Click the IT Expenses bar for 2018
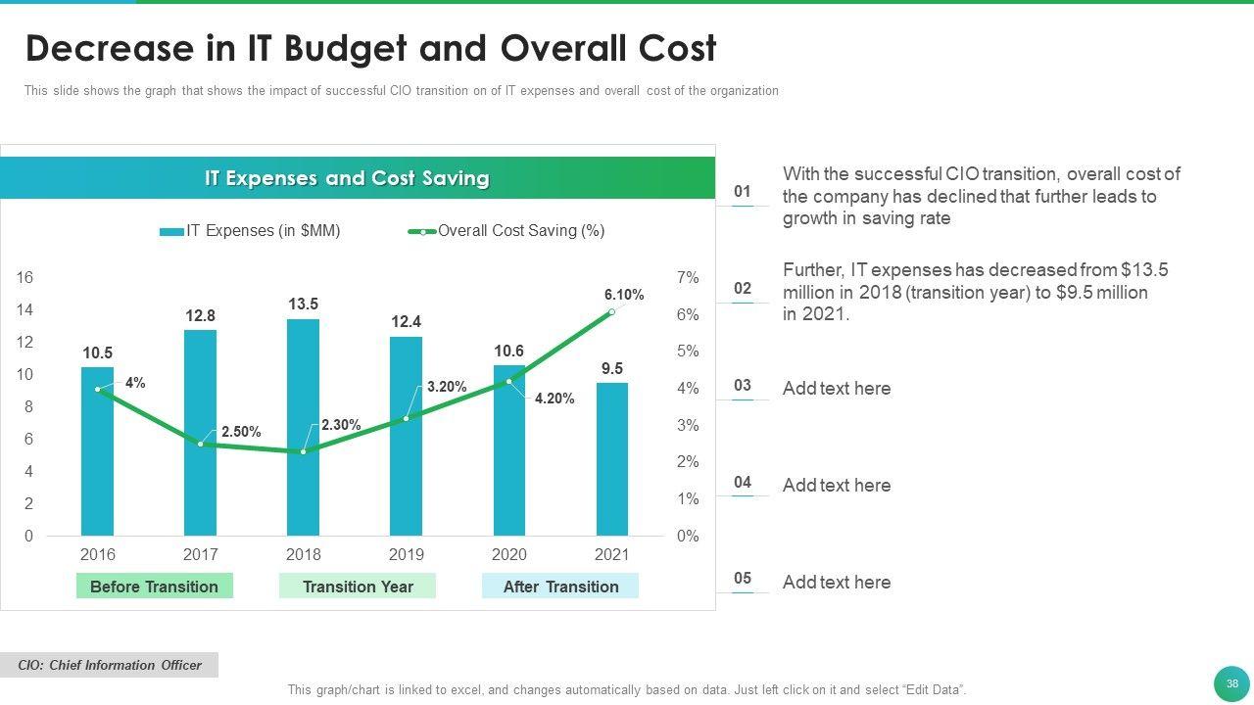[303, 431]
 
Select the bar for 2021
[612, 460]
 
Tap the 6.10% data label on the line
[624, 295]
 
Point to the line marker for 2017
[201, 445]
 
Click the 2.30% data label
[340, 425]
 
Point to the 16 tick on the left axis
[24, 278]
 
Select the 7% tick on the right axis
[688, 278]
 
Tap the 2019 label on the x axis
[407, 554]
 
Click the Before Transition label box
[154, 587]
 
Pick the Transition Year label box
[358, 587]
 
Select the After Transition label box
[560, 587]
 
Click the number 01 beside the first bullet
[743, 192]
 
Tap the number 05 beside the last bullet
[743, 579]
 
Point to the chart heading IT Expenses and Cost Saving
[347, 178]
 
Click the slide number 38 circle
[1231, 683]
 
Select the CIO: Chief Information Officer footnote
[110, 666]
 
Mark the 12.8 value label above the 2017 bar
[200, 316]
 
